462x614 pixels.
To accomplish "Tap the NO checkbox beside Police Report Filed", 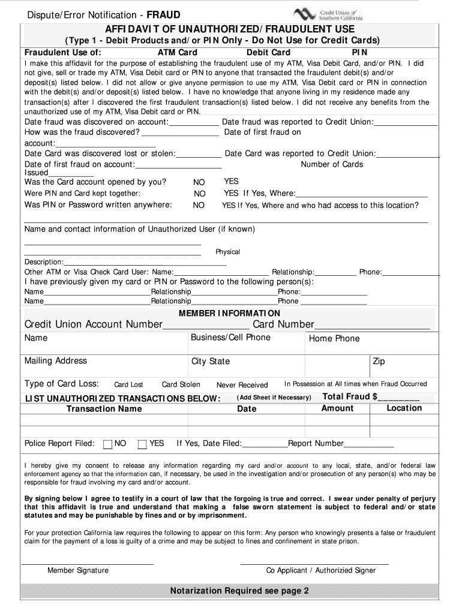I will point(108,444).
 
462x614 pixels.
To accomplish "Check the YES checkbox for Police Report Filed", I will point(142,444).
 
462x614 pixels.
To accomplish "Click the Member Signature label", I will point(78,570).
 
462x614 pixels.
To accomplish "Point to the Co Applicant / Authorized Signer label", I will point(321,570).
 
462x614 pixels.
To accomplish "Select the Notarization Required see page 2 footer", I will point(239,591).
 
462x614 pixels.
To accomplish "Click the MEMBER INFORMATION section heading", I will point(229,313).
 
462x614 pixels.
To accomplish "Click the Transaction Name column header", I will point(104,409).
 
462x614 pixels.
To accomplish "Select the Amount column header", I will point(337,408).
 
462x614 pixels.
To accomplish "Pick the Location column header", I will point(404,408).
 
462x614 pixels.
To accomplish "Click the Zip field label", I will point(379,362).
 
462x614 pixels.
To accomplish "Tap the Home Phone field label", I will point(334,339).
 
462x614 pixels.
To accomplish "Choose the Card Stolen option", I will point(181,385).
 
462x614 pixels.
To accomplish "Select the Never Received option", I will point(242,385).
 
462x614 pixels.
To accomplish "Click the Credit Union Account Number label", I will point(93,324).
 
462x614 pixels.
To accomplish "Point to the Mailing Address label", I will point(55,361).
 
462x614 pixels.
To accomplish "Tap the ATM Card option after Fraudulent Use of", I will point(177,52).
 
